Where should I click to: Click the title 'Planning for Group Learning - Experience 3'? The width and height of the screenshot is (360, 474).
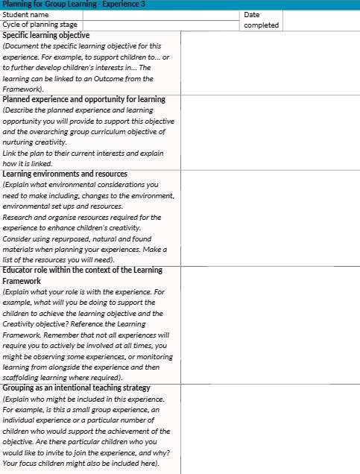[73, 4]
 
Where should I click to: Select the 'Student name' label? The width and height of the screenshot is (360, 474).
[27, 14]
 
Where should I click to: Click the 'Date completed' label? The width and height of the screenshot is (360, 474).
[261, 19]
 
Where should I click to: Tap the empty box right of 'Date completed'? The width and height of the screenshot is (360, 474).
[320, 19]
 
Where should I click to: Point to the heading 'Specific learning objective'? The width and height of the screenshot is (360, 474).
[46, 35]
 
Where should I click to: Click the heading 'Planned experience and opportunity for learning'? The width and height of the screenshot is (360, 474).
[84, 99]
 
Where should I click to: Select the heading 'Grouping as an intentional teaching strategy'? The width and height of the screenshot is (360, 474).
[77, 388]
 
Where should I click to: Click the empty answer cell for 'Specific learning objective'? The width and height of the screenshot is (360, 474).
[270, 63]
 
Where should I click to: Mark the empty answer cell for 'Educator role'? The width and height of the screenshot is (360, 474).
[270, 324]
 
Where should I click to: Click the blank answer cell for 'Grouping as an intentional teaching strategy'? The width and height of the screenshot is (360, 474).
[270, 429]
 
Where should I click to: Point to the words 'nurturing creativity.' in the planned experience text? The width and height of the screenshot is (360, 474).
[34, 142]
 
